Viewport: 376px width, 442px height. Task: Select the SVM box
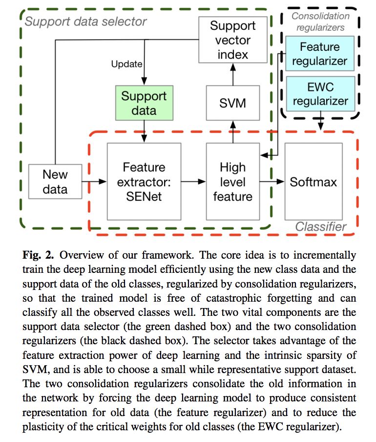coord(232,103)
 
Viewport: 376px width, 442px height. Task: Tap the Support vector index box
coord(232,40)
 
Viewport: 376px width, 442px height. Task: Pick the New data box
coord(55,181)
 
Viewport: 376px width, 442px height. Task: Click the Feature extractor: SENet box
coord(144,181)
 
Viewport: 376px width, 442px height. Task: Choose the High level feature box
coord(232,181)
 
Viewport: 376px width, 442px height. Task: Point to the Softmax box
coord(313,181)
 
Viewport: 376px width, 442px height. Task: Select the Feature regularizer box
coord(319,54)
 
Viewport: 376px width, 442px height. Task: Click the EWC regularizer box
coord(319,94)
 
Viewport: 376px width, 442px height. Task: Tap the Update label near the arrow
coord(126,64)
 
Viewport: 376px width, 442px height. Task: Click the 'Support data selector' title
coord(85,22)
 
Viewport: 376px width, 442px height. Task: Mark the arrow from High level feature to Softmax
coord(272,181)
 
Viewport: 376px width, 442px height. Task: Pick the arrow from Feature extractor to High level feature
coord(194,181)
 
